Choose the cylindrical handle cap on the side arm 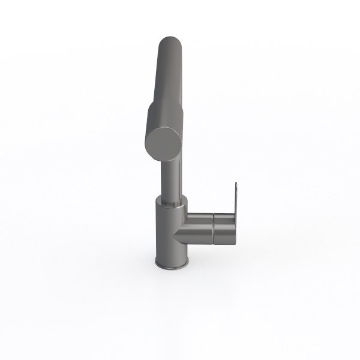click(x=224, y=226)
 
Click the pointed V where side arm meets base click(x=176, y=236)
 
